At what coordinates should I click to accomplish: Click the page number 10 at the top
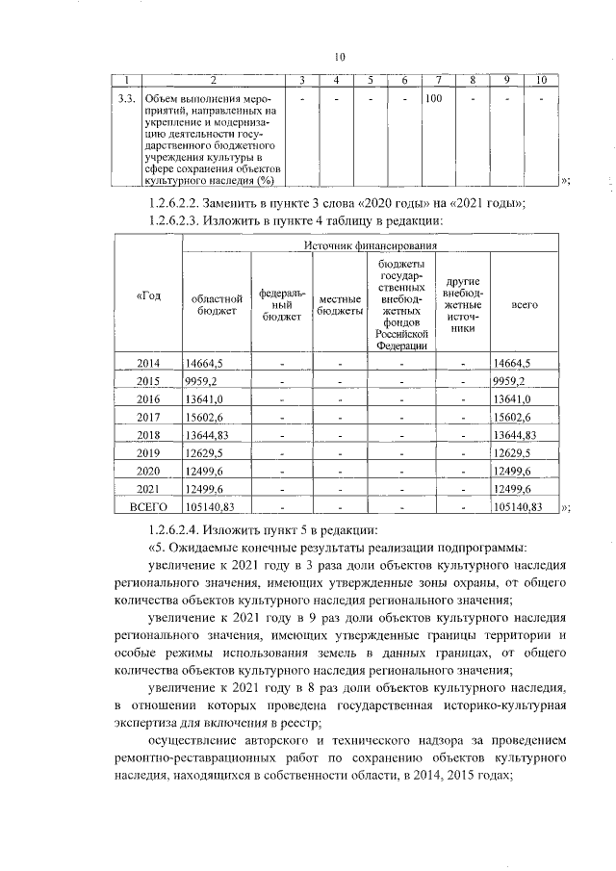(340, 55)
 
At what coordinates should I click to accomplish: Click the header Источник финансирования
(370, 245)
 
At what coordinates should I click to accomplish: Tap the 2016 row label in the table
(148, 398)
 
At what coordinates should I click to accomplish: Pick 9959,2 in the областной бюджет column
(204, 381)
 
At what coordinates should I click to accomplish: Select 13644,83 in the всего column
(514, 434)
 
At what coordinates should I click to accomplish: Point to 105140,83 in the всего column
(518, 505)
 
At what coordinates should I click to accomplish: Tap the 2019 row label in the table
(148, 452)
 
